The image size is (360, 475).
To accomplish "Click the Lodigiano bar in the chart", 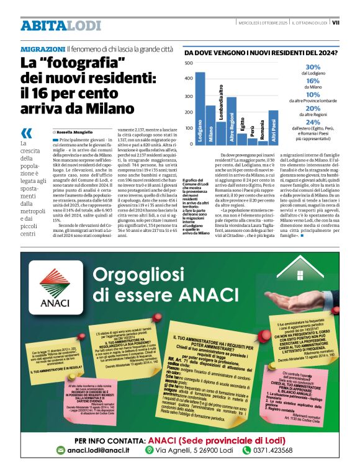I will tap(200, 109).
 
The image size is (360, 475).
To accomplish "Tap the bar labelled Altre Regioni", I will tap(232, 122).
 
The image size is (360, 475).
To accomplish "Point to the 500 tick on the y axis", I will tap(189, 63).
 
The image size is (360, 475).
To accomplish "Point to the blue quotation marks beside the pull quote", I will tap(26, 133).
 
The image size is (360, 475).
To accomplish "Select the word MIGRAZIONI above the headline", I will tap(43, 49).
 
